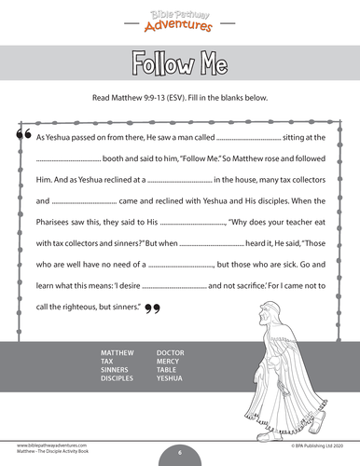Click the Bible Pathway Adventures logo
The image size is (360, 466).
click(x=180, y=17)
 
